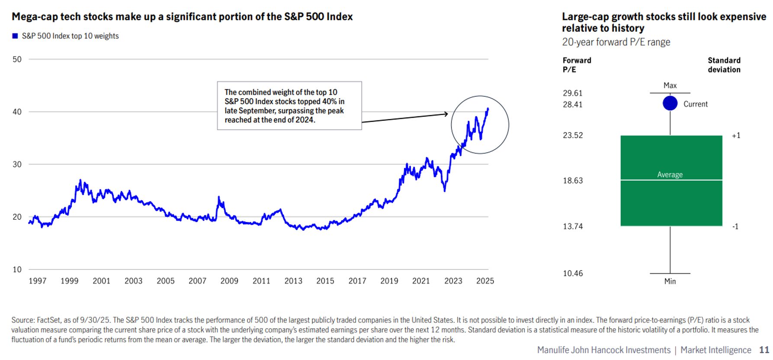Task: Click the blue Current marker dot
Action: coord(670,103)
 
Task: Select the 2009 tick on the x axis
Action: coord(229,281)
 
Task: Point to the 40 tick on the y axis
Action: coord(17,112)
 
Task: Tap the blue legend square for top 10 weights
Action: coord(15,36)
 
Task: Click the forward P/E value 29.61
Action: coord(572,93)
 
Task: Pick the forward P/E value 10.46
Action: coord(572,273)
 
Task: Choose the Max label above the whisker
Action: coord(670,86)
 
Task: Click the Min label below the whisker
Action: coord(670,281)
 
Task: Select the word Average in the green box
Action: coord(670,174)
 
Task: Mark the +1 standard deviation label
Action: coord(736,135)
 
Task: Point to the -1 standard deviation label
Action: coord(735,226)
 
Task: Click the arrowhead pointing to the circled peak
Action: coord(446,114)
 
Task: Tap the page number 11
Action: coord(764,350)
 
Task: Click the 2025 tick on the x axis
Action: coord(485,281)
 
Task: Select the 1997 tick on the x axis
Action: coord(38,281)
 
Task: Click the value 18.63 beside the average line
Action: coord(572,180)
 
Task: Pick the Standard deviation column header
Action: coord(724,65)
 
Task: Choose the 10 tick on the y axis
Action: coord(17,269)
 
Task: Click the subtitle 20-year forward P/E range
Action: coord(616,42)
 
